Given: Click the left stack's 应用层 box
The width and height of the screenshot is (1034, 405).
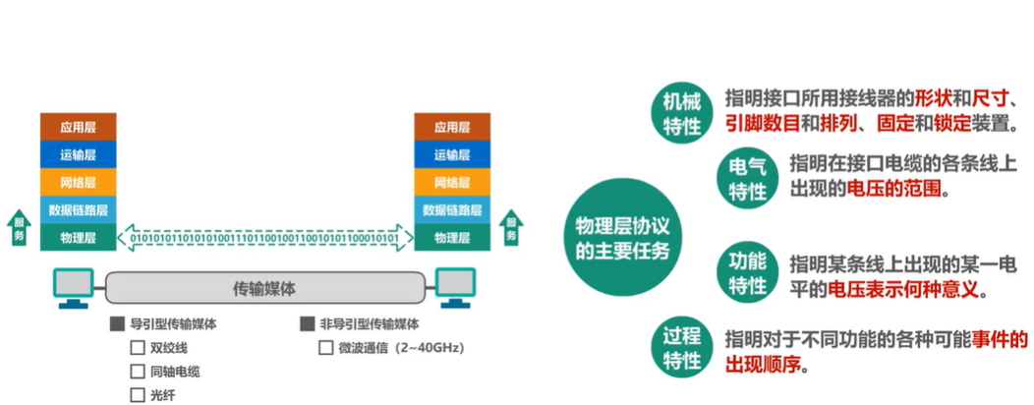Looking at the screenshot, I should [78, 127].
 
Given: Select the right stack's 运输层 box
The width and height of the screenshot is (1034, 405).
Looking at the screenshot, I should [451, 154].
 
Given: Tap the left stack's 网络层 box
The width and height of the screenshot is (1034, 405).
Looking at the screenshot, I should [78, 182].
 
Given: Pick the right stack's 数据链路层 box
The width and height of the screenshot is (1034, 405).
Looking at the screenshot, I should [451, 209].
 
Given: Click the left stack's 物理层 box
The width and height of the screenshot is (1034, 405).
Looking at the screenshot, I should [78, 237].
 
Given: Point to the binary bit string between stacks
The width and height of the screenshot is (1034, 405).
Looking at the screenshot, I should [265, 238].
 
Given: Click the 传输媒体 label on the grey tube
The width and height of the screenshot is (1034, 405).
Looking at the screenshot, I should [264, 288].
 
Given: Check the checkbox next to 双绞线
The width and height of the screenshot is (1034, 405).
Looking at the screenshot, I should [138, 348].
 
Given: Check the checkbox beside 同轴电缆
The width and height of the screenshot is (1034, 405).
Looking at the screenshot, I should [138, 372].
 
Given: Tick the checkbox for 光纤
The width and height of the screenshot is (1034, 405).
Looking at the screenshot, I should [138, 395].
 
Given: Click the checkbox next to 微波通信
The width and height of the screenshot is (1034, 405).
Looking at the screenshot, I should [325, 348].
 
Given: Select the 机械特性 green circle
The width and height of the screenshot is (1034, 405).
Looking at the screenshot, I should [680, 113].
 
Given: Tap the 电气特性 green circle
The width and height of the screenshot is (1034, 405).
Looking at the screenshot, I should [747, 179].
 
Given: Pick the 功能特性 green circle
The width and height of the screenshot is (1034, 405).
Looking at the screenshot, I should [747, 274].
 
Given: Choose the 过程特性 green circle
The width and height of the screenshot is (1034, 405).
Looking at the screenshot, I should [680, 349].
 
